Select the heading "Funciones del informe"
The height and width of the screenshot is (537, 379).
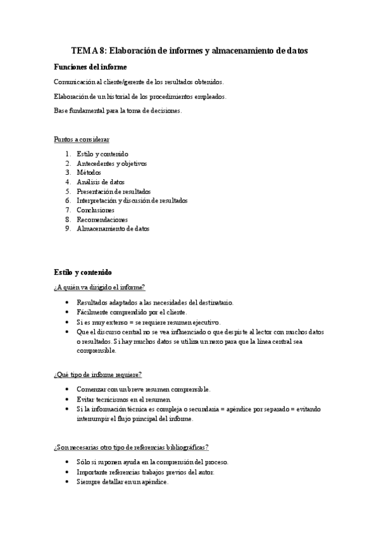tap(90, 66)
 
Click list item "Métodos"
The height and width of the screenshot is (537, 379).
tap(89, 172)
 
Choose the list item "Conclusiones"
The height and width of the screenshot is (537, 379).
tap(96, 210)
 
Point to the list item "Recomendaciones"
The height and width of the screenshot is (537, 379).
tap(102, 219)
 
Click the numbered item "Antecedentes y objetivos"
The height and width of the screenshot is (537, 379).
tap(111, 163)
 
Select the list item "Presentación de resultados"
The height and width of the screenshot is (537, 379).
tap(114, 191)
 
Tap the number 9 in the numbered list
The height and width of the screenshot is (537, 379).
tap(68, 229)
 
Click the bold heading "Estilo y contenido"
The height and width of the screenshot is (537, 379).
tap(84, 273)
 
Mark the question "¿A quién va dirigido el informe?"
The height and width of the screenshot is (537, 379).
tap(100, 287)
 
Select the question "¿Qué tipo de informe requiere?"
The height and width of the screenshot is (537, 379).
tap(98, 374)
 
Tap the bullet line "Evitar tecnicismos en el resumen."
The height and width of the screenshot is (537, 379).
tap(123, 400)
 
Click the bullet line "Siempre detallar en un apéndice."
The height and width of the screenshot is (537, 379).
tap(122, 482)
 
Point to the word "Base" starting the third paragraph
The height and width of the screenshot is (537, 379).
tap(61, 110)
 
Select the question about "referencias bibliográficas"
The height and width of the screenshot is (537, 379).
tap(132, 447)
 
